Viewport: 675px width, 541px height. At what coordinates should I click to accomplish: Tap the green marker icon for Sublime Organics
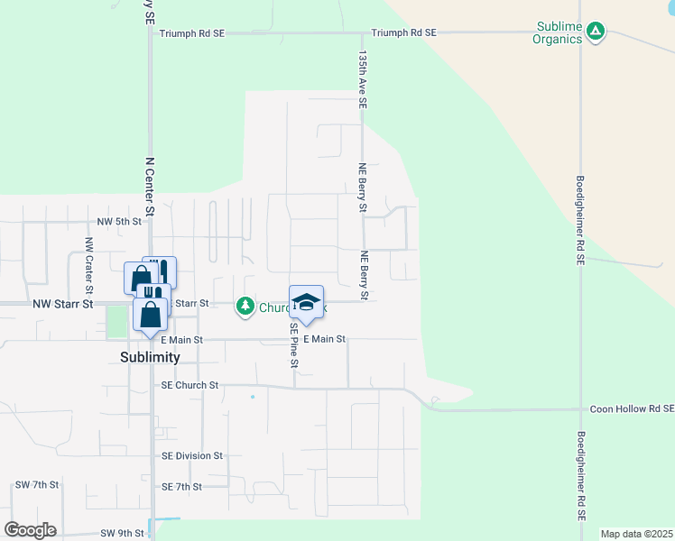tap(595, 32)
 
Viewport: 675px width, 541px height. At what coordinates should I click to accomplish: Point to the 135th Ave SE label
tap(362, 79)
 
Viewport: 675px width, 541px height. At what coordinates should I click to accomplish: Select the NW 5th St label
tap(119, 221)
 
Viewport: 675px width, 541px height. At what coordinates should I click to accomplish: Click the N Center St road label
tap(150, 186)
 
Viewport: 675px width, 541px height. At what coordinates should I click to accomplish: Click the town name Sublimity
tap(150, 357)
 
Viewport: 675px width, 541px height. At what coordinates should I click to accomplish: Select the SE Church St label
tap(190, 385)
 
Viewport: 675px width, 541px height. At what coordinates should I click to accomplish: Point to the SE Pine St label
tap(294, 346)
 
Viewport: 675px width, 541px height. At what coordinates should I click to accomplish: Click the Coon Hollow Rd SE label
tap(631, 408)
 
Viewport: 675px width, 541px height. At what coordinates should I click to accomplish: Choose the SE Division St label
tap(192, 456)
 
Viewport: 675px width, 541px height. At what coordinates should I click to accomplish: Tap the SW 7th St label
tap(37, 485)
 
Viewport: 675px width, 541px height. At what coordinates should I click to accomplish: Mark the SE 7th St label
tap(182, 486)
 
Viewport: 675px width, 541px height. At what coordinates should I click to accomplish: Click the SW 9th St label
tap(123, 533)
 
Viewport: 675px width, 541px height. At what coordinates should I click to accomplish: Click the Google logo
tap(31, 530)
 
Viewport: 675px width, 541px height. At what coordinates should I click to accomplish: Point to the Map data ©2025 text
tap(636, 534)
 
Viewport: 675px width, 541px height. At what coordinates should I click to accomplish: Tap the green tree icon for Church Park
tap(245, 307)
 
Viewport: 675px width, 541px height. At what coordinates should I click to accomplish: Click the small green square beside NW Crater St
tap(116, 322)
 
